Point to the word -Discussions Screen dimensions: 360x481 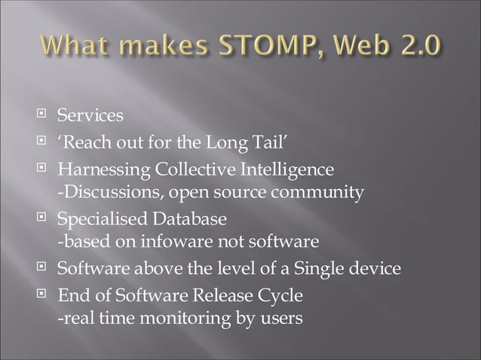(x=105, y=192)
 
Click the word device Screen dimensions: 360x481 (x=374, y=267)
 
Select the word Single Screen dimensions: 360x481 (x=317, y=267)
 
